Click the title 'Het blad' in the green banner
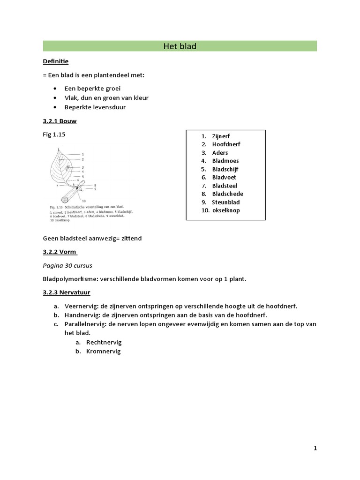coord(180,46)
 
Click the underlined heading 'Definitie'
coord(56,61)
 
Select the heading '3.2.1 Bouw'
coord(60,121)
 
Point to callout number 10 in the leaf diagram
coord(84,201)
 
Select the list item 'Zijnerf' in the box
coord(221,136)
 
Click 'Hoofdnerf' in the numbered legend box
coord(226,144)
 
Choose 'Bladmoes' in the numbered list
coord(225,161)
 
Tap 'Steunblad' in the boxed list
coord(225,202)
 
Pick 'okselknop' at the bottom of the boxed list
coord(225,210)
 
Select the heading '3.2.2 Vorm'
coord(60,252)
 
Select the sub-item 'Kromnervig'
coord(103,351)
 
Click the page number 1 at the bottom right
coord(315,448)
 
